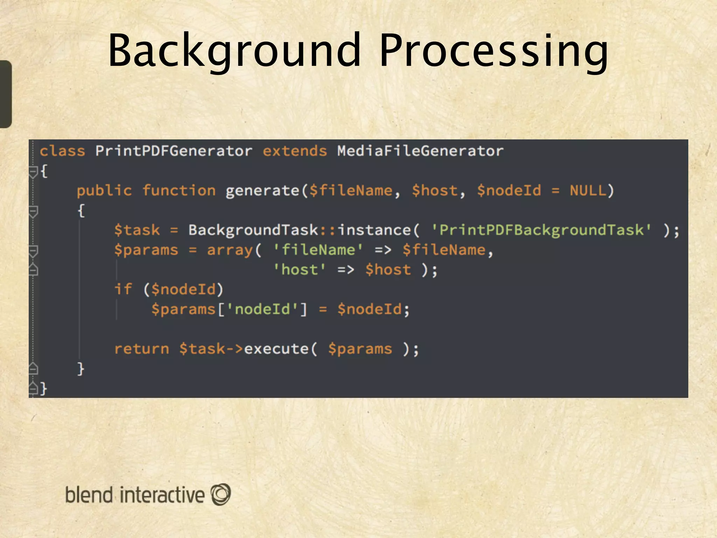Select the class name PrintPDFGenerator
[x=174, y=151]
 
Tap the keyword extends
[x=295, y=151]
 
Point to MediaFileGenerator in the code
[x=420, y=151]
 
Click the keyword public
[x=104, y=191]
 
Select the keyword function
[x=179, y=191]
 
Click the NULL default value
[x=587, y=191]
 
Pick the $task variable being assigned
[x=137, y=230]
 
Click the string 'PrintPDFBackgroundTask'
[x=541, y=230]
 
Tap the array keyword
[x=230, y=250]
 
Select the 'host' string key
[x=299, y=270]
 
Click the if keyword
[x=123, y=290]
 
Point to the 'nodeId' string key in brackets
[x=262, y=310]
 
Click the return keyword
[x=142, y=349]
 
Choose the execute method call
[x=276, y=349]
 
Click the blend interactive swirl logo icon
[x=221, y=494]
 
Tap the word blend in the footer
[x=89, y=495]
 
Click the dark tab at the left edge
[x=6, y=94]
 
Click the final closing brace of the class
[x=43, y=388]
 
